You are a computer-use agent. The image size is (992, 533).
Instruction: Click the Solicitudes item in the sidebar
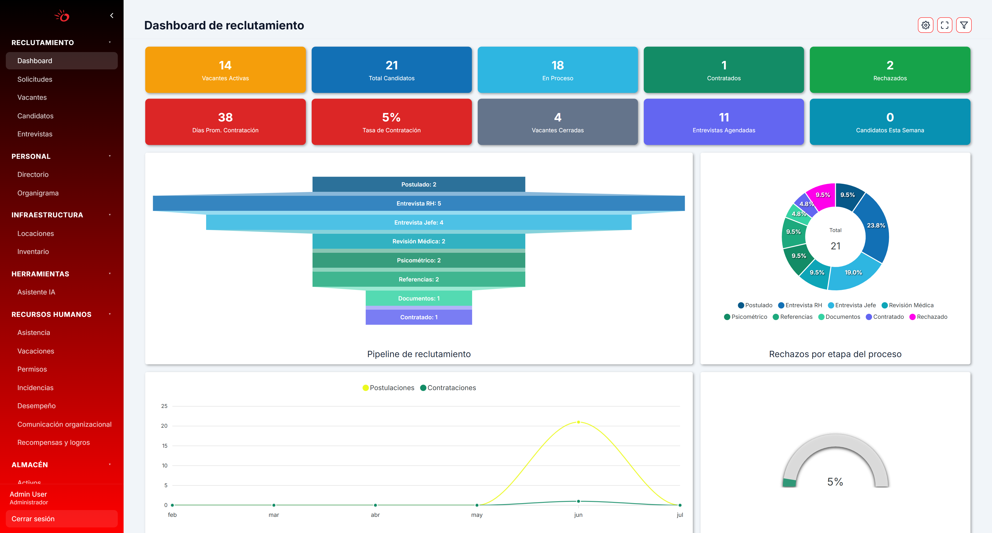(35, 79)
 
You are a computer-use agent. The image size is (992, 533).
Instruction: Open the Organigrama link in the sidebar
(38, 193)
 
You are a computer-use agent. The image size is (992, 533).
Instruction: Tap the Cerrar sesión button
(62, 519)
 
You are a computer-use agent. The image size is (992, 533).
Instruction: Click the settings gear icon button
(925, 25)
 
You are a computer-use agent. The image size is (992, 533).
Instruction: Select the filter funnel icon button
(964, 25)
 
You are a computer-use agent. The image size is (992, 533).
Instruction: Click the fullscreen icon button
(945, 25)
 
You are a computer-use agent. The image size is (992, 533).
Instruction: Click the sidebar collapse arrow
(112, 16)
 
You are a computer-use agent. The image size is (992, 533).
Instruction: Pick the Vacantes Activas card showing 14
(225, 70)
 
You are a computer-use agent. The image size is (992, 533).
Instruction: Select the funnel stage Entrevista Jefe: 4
(419, 222)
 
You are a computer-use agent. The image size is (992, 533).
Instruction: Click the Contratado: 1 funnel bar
(419, 317)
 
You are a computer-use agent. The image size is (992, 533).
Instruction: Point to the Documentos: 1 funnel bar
(419, 298)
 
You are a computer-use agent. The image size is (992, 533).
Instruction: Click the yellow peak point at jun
(578, 422)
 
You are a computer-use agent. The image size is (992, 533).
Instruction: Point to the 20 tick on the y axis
(164, 426)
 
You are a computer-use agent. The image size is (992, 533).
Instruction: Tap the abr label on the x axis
(375, 515)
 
